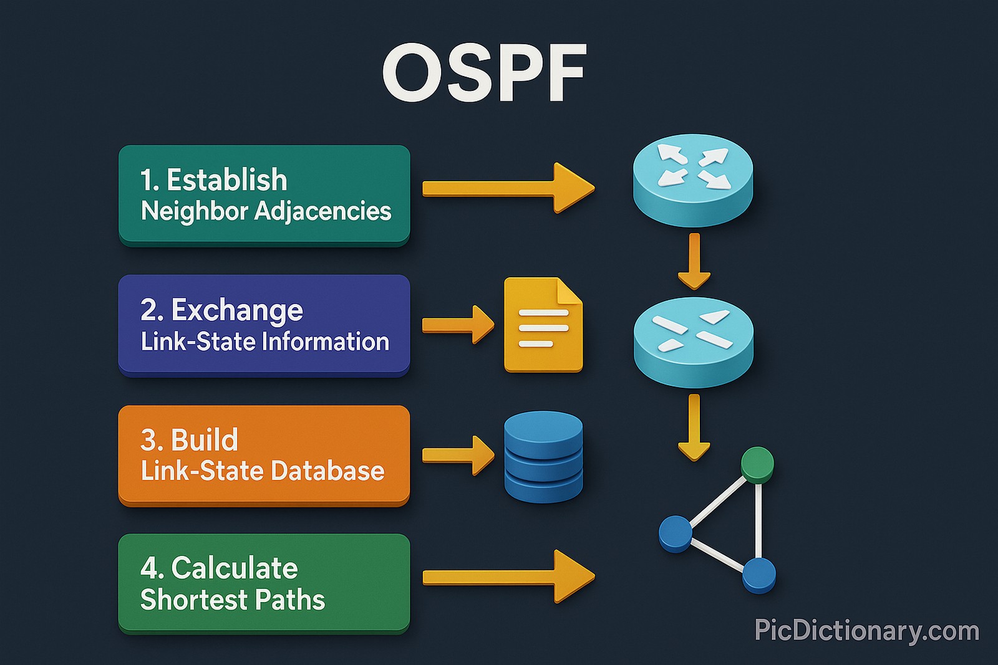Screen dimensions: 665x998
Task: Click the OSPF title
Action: click(x=485, y=74)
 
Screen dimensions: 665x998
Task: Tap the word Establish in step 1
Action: click(x=226, y=180)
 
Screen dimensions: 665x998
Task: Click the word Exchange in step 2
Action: click(x=237, y=310)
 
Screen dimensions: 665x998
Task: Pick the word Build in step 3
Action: click(x=205, y=440)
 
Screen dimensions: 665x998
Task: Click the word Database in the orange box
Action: click(x=327, y=471)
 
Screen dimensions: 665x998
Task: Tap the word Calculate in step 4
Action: click(x=235, y=568)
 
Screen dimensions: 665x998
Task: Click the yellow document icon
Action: click(x=543, y=325)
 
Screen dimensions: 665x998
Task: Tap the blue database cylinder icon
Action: click(x=543, y=456)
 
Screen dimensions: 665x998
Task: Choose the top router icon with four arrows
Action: click(x=693, y=179)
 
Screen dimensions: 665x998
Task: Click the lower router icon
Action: click(x=693, y=342)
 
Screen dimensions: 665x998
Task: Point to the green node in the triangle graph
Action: click(x=757, y=464)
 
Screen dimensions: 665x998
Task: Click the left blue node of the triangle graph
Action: click(x=676, y=533)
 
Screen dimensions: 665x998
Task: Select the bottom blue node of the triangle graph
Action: click(x=759, y=574)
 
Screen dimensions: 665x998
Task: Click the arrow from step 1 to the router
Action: click(x=508, y=188)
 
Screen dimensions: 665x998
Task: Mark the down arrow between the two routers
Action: click(x=694, y=261)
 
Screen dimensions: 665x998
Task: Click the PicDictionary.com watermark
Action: click(x=866, y=631)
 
